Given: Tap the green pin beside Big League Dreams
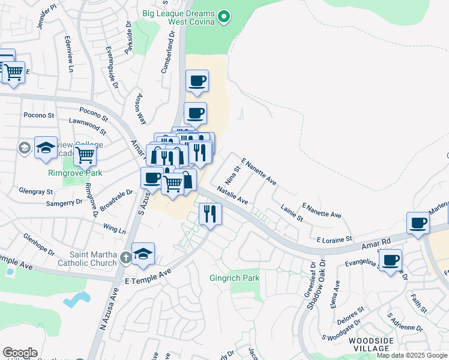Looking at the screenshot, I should (224, 16).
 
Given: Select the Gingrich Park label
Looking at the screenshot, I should (234, 278).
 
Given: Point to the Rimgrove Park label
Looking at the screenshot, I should (75, 173).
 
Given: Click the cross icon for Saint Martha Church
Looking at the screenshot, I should (125, 258).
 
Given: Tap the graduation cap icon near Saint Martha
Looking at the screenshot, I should (143, 254).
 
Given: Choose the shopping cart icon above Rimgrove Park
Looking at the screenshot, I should (85, 155).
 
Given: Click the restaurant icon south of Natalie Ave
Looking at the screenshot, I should (209, 213).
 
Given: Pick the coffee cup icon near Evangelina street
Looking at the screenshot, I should (391, 260).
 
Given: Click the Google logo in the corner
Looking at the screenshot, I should (20, 353).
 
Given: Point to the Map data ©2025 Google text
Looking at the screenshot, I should (412, 356).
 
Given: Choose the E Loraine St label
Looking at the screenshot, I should (331, 239).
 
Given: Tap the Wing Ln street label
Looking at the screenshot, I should (115, 229).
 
